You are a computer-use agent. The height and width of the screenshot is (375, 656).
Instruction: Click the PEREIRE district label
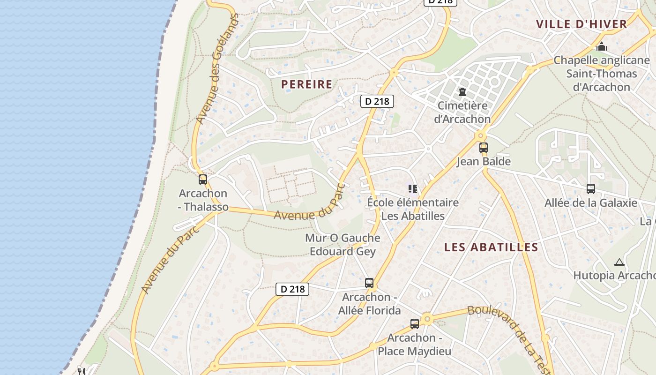click(306, 84)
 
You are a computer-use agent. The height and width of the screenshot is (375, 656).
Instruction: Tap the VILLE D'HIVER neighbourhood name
click(581, 24)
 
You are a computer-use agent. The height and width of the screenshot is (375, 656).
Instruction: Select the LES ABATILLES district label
click(491, 247)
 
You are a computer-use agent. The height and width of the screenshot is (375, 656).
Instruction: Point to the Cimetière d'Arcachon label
click(462, 112)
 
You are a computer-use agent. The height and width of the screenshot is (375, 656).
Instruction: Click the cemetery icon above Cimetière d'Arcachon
click(462, 92)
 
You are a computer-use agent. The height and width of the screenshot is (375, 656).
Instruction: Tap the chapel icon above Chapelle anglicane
click(602, 46)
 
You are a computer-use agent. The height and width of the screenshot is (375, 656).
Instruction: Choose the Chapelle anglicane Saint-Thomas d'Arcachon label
click(602, 74)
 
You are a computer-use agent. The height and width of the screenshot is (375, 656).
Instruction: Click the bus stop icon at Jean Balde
click(484, 148)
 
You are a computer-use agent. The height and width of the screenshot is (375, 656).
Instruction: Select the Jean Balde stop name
click(484, 162)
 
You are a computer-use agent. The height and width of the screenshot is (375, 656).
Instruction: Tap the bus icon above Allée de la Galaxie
click(591, 189)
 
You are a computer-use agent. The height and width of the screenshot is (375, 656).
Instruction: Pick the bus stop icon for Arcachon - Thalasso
click(203, 180)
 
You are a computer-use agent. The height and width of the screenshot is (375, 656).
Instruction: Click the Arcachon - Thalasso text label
click(203, 200)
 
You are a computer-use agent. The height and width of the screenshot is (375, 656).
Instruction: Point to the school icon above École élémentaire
click(412, 189)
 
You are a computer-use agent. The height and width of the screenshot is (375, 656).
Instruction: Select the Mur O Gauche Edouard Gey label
click(343, 245)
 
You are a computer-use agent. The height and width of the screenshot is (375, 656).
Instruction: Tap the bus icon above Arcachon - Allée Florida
click(369, 283)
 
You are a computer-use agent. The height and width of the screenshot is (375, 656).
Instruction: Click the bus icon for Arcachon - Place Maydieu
click(415, 324)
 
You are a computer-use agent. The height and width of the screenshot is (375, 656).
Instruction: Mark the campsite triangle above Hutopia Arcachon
click(619, 262)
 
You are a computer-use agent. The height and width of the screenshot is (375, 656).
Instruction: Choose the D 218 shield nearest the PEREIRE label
click(377, 101)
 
